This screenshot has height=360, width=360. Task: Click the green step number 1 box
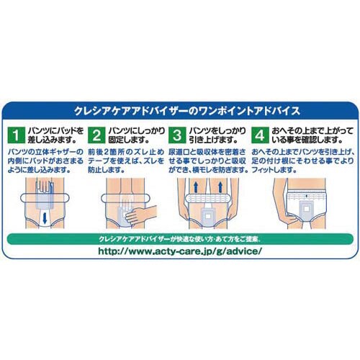pos(16,135)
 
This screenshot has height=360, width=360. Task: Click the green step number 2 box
pos(96,135)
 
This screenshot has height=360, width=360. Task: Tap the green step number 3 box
pos(177,135)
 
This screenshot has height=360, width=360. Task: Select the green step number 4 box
pos(260,135)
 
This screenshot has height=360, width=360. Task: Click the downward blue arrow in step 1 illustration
pos(45,217)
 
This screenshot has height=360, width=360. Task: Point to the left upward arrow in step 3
pos(196,186)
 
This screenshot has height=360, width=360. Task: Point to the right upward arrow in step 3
pos(220,186)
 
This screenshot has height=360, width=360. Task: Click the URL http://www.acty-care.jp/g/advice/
pos(180,251)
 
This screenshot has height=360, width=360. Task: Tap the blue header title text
pos(187,111)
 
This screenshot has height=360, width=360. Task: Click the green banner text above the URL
pos(180,239)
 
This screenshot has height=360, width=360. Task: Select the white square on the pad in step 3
pos(208,216)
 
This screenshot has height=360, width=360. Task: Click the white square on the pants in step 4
pos(306,209)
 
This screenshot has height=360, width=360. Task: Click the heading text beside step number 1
pos(56,135)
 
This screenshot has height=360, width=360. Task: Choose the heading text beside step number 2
pos(137,135)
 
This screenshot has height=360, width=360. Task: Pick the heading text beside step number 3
pos(217,135)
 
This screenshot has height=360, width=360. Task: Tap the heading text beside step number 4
pos(312,135)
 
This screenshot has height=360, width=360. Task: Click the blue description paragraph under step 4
pos(303,161)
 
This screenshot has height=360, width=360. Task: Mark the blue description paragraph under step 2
pos(126,161)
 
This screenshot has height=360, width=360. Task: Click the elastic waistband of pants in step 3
pos(208,198)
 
